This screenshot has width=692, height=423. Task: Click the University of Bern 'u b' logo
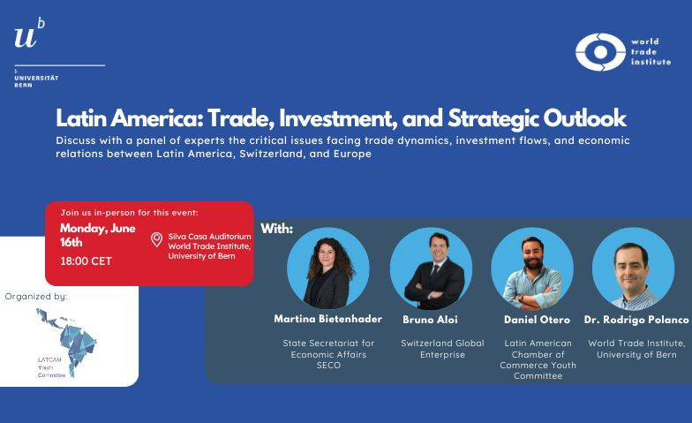pos(30,33)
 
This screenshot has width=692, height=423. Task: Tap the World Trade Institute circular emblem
pos(600,52)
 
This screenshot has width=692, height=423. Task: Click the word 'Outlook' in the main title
pos(584,118)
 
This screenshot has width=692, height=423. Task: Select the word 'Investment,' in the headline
pos(337,118)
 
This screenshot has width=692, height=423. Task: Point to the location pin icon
pos(156,239)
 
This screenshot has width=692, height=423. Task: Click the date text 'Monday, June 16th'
pos(97,235)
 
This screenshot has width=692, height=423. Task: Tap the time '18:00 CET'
pos(86,261)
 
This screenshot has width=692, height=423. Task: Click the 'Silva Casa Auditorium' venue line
pos(209,237)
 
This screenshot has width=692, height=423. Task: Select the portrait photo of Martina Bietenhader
pos(328,268)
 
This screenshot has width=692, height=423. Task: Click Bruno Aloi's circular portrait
pos(431,268)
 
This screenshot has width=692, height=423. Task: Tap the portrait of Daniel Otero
pos(532,268)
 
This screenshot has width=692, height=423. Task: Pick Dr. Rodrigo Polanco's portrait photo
pos(634,268)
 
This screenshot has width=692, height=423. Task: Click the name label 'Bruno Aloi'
pos(430,320)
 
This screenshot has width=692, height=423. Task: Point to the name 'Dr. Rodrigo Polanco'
pos(636,320)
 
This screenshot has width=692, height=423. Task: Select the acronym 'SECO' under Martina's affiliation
pos(328,366)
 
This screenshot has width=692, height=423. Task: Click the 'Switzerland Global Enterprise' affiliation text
pos(442,349)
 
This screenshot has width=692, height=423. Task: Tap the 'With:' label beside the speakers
pos(277,229)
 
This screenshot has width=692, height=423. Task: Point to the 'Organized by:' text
pos(35,297)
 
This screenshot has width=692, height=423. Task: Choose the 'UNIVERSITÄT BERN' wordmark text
pos(36,81)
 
